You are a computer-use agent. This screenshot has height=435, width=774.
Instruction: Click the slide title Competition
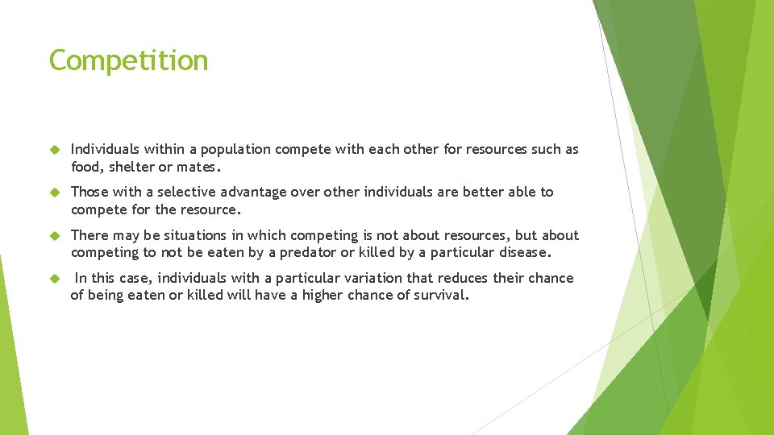(x=129, y=61)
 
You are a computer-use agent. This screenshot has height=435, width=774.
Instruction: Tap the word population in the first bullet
(x=236, y=150)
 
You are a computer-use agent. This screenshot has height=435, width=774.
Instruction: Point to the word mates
(x=197, y=167)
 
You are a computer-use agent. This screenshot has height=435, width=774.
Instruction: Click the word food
(x=85, y=167)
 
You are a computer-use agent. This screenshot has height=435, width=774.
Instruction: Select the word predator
(x=310, y=253)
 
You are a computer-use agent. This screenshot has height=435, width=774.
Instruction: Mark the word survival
(x=441, y=296)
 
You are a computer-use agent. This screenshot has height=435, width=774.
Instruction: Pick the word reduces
(x=464, y=279)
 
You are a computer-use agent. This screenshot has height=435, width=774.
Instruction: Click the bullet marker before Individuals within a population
(x=55, y=150)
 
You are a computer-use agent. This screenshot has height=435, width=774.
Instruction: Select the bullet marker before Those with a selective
(x=55, y=193)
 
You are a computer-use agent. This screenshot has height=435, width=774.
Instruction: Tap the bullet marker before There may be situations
(x=55, y=236)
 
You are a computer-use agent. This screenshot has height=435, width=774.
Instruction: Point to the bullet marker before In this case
(x=55, y=279)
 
